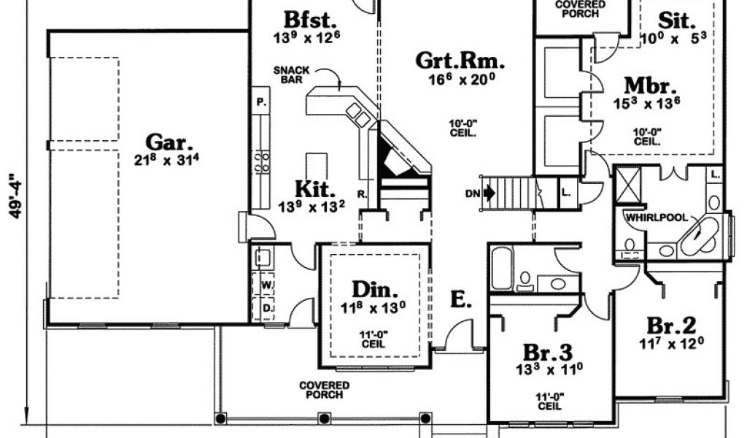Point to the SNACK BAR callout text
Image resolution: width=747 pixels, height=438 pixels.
pyautogui.click(x=292, y=74)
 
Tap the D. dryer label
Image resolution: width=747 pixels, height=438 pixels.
pyautogui.click(x=268, y=308)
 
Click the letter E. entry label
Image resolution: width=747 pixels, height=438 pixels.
pyautogui.click(x=460, y=299)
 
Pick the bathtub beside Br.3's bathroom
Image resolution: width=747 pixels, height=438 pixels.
pyautogui.click(x=502, y=268)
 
